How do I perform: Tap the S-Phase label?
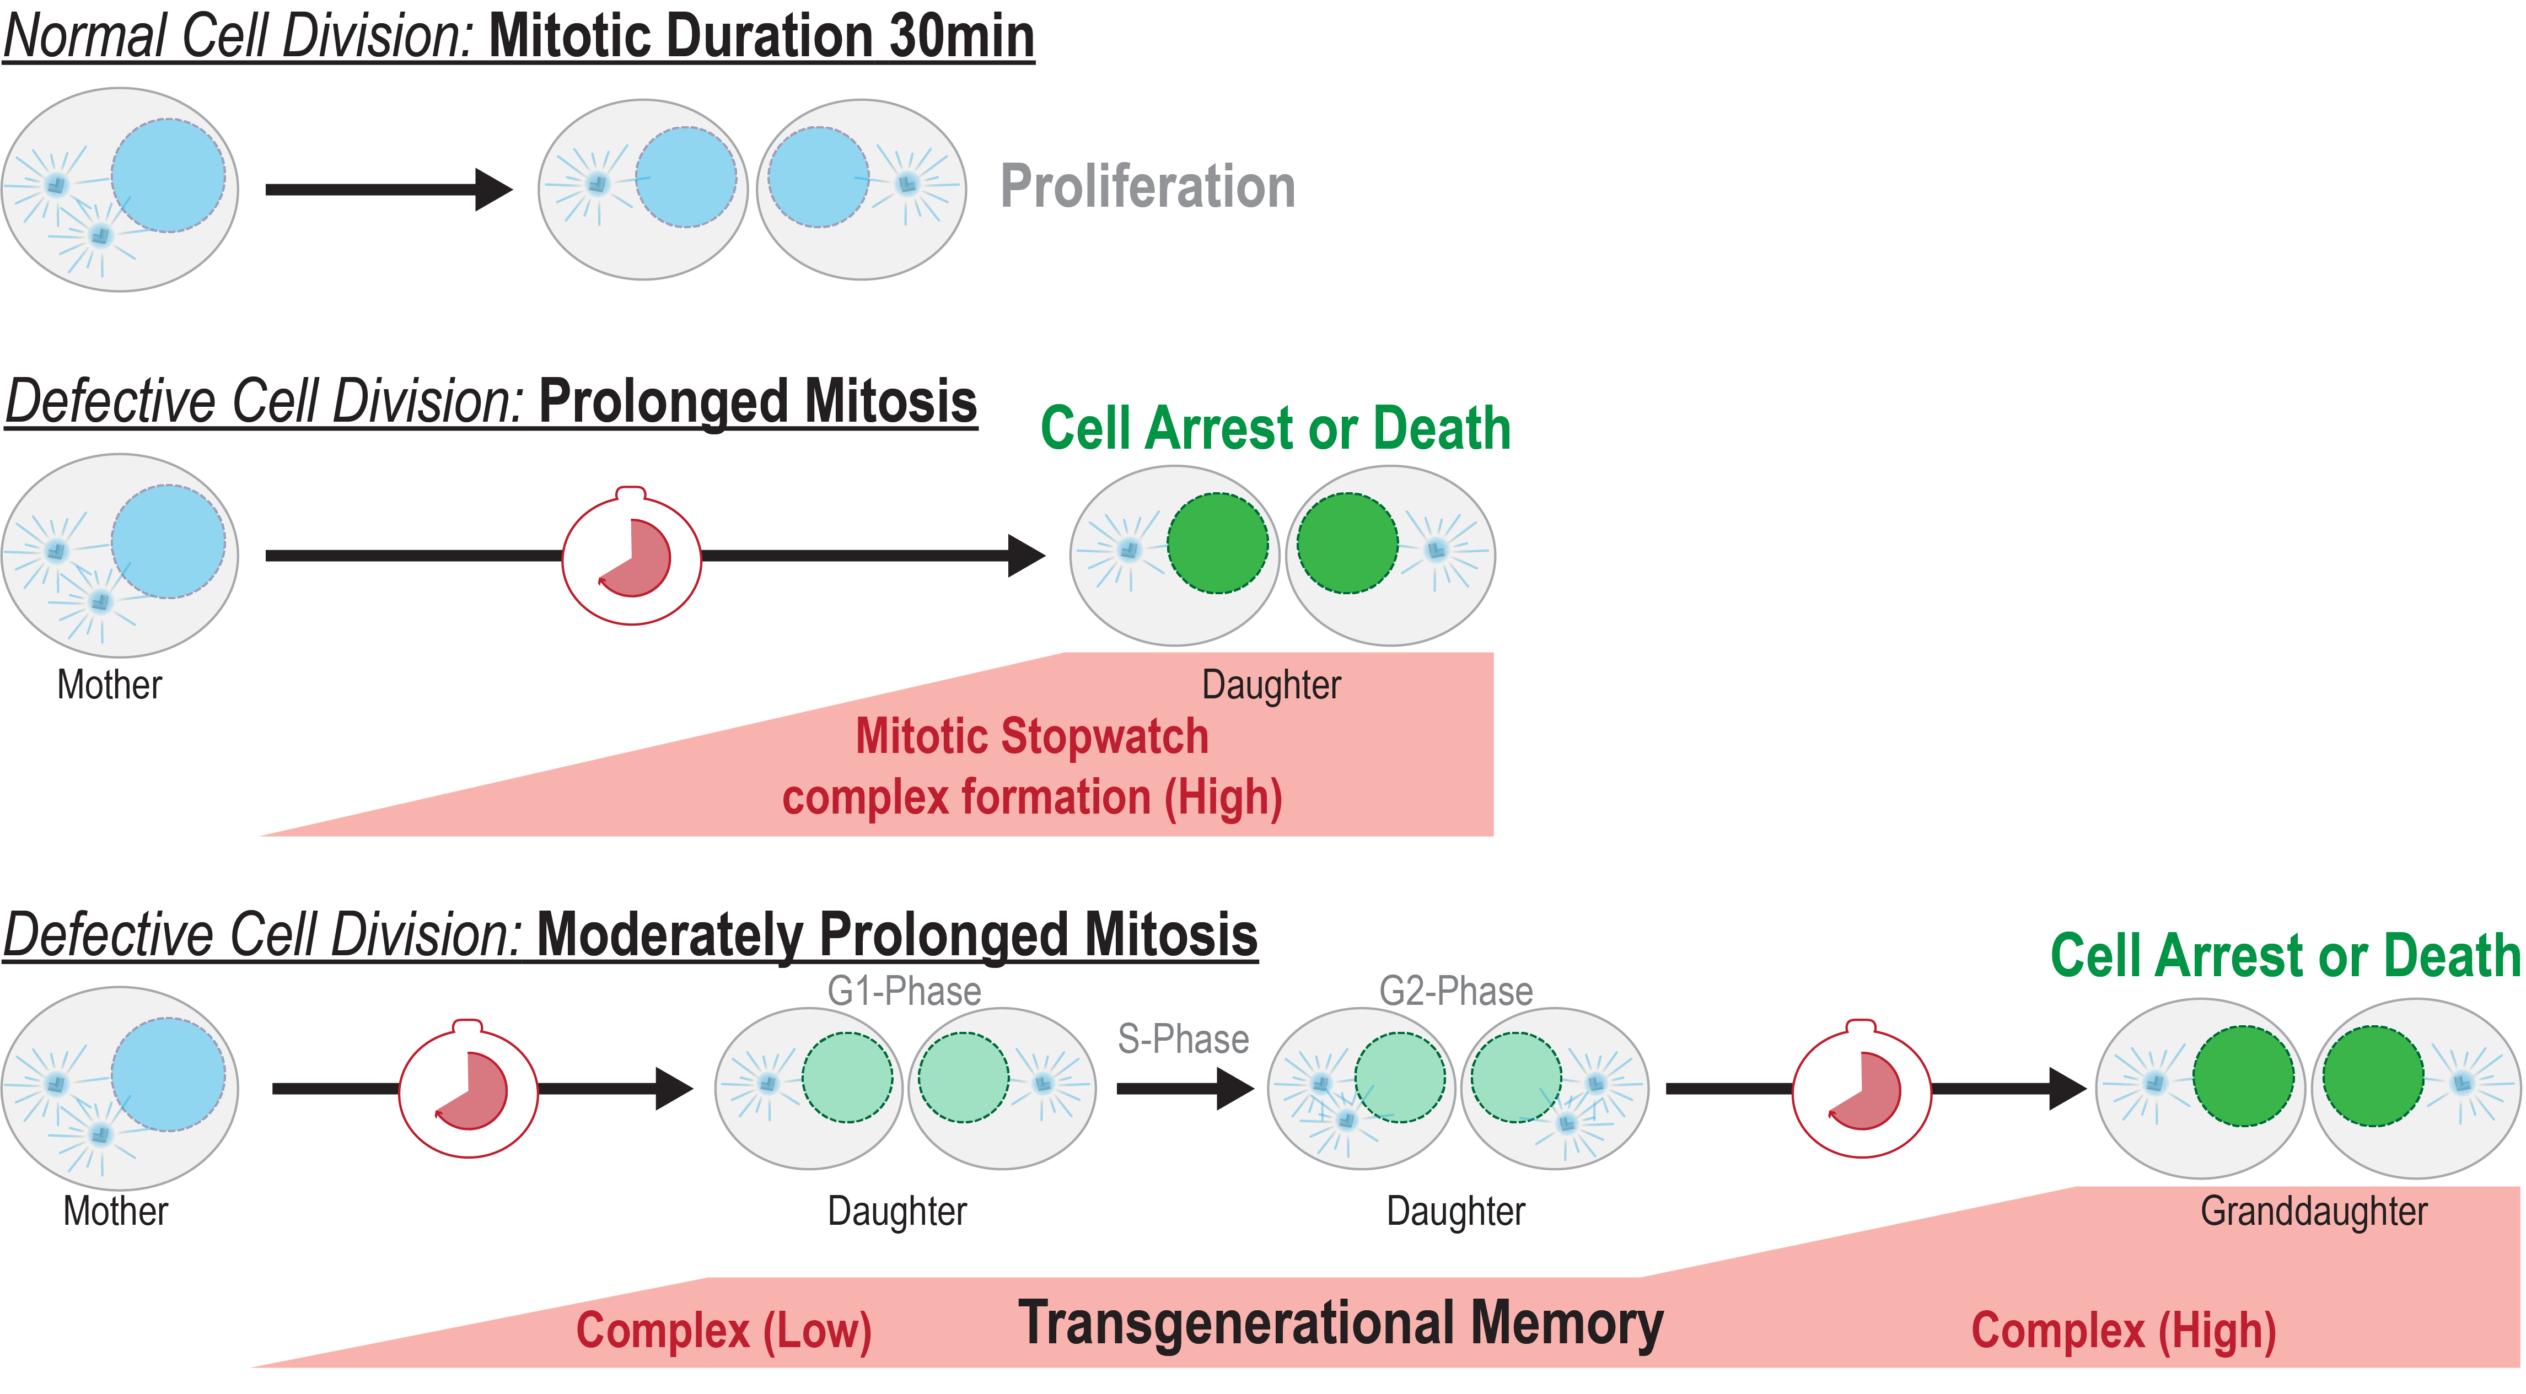1183,1039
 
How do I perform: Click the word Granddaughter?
2313,1212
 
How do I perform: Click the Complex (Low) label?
724,1331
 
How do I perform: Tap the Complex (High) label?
2123,1331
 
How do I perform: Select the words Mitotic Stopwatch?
1031,736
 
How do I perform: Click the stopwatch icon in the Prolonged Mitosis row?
632,557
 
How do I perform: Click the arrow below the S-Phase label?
1185,1088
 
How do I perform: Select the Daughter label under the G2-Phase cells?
1455,1212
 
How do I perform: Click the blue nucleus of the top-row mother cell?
168,175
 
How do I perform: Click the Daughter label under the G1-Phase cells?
896,1212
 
